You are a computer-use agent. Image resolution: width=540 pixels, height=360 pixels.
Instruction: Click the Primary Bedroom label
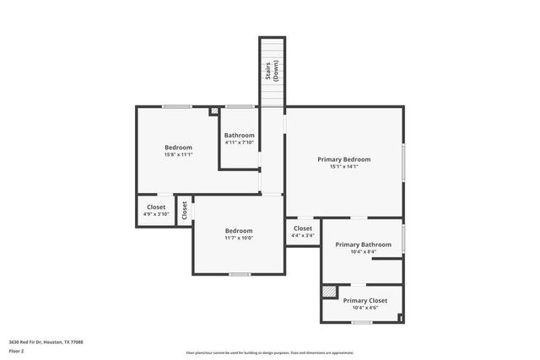tap(343, 159)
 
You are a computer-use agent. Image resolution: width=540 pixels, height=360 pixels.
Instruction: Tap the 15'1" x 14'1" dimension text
tap(343, 166)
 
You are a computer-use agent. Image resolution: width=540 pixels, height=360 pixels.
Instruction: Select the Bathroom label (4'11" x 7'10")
tap(240, 135)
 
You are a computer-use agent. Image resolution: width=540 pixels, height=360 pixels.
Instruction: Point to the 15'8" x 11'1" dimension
tap(178, 154)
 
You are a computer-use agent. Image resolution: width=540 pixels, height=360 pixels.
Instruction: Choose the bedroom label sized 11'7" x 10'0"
tap(239, 230)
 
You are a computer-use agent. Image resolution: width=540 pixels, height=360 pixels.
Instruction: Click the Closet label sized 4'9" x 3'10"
tap(156, 207)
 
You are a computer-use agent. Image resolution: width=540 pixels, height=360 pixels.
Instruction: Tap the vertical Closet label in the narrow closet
tap(184, 210)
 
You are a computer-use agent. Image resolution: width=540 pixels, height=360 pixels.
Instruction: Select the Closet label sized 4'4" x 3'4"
tap(303, 228)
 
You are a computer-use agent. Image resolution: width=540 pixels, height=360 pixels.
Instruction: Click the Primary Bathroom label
tap(363, 244)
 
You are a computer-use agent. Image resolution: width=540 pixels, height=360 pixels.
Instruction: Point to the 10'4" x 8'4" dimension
tap(363, 251)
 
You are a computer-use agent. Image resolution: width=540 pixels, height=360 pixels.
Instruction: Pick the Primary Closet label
tap(365, 300)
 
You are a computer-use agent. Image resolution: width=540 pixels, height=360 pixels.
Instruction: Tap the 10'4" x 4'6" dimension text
tap(365, 307)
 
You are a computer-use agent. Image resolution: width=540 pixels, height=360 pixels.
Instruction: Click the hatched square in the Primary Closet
tap(328, 292)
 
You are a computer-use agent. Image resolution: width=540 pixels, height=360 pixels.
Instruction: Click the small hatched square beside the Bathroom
tap(214, 110)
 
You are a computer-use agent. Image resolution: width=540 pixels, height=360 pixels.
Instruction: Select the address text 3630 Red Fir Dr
tap(46, 341)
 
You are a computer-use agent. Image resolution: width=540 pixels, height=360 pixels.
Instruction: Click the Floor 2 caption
tap(16, 350)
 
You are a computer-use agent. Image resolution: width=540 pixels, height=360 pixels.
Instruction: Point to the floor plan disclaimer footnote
tap(269, 352)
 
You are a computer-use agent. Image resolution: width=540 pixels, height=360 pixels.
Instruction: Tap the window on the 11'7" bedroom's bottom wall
tap(240, 274)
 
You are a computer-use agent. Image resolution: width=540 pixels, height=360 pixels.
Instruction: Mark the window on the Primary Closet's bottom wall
tap(362, 322)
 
